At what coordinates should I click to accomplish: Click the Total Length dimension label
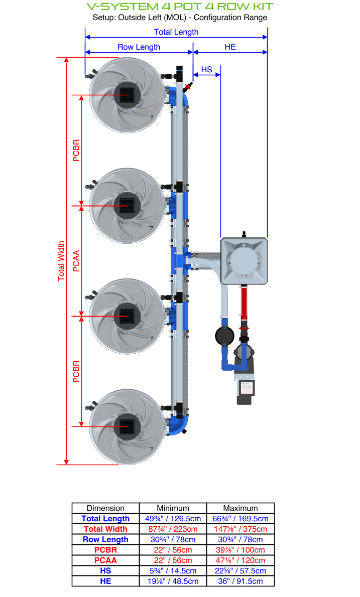176,32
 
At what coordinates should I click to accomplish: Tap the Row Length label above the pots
139,47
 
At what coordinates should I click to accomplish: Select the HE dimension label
230,47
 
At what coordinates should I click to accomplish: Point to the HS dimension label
206,69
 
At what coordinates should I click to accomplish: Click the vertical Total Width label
61,261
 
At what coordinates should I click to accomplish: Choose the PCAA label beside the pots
76,261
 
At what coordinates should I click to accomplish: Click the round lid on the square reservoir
244,261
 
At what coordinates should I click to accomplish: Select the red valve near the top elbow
189,86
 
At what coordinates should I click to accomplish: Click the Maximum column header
240,508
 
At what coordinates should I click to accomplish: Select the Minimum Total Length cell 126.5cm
173,518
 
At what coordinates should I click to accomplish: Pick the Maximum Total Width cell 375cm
240,529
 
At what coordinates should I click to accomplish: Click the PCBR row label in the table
105,550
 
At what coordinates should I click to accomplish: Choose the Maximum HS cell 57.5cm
240,571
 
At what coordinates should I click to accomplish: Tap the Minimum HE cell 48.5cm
173,581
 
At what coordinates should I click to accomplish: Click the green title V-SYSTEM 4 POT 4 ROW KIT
180,7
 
